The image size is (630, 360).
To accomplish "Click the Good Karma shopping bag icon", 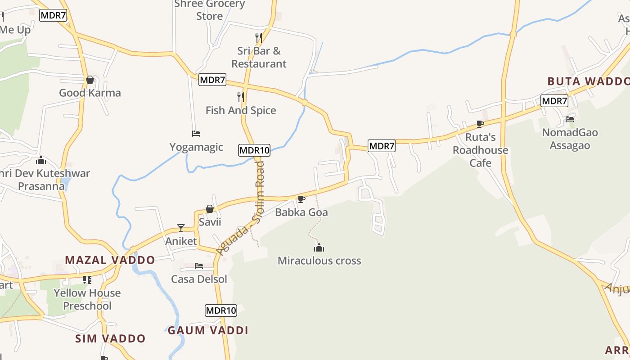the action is click(90, 80).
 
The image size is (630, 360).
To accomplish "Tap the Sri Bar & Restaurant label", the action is click(259, 57).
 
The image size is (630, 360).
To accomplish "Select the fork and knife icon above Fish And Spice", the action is click(241, 97).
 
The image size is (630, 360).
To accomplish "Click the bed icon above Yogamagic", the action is click(196, 134).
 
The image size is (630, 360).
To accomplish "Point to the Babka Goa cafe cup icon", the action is click(301, 199).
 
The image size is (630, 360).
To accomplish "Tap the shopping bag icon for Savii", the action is click(210, 209).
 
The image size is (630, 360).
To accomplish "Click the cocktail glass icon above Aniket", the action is click(181, 228).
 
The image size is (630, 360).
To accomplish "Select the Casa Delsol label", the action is click(199, 279).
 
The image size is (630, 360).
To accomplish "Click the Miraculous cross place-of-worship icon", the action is click(319, 247).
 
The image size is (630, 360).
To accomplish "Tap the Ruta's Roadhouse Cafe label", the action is click(480, 150).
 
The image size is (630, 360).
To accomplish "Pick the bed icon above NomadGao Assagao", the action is click(570, 119).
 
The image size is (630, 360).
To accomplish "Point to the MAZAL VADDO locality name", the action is click(110, 260).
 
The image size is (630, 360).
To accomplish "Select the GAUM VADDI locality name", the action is click(208, 331).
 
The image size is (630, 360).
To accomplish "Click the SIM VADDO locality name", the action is click(110, 339).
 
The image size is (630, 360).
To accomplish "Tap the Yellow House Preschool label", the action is click(87, 299).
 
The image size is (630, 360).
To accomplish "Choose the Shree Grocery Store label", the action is click(210, 10).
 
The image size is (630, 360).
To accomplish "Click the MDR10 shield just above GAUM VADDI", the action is click(221, 310).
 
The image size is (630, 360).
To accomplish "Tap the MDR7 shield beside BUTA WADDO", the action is click(554, 101).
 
